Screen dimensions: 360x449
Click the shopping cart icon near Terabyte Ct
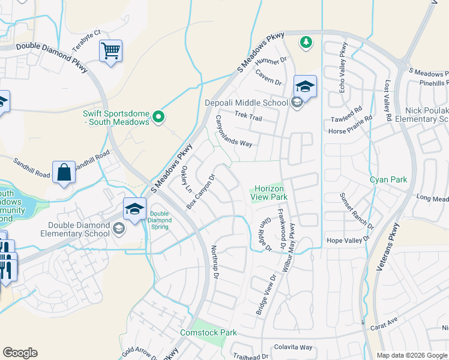pyautogui.click(x=111, y=51)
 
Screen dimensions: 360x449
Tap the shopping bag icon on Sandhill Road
pyautogui.click(x=64, y=173)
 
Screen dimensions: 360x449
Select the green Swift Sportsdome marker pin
pyautogui.click(x=158, y=116)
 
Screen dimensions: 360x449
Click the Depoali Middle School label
pyautogui.click(x=247, y=103)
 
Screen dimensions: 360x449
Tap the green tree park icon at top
pyautogui.click(x=306, y=41)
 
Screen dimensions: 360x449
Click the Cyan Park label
pyautogui.click(x=388, y=179)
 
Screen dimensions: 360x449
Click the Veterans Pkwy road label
pyautogui.click(x=388, y=247)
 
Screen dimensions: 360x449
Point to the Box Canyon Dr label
pyautogui.click(x=200, y=192)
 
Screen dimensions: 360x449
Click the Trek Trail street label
pyautogui.click(x=249, y=115)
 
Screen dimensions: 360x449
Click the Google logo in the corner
pyautogui.click(x=20, y=353)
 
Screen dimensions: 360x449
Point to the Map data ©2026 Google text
pyautogui.click(x=412, y=355)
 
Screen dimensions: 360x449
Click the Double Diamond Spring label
pyautogui.click(x=160, y=217)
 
